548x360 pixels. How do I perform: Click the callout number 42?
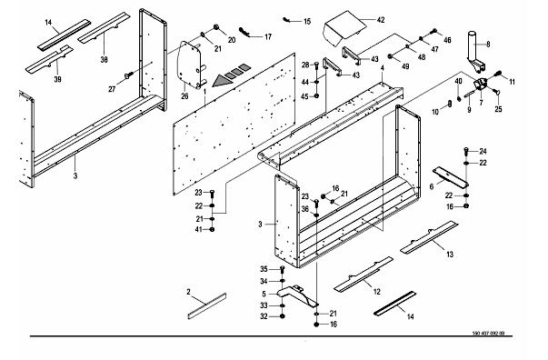381,20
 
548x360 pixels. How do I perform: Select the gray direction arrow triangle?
223,81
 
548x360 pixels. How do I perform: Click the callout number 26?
184,95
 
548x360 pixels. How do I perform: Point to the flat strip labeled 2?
206,306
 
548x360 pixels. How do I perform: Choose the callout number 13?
450,255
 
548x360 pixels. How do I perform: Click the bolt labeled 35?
283,269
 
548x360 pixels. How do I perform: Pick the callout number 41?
198,230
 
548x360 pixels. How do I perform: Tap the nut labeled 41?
212,230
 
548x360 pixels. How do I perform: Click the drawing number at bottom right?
488,333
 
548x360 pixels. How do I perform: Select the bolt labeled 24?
466,151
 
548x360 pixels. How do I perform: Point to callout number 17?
268,36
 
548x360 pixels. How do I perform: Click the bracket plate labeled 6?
451,176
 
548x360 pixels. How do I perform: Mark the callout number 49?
405,66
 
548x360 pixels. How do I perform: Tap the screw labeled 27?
129,75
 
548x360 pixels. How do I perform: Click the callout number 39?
57,79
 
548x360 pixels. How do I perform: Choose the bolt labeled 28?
316,65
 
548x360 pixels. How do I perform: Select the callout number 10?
435,112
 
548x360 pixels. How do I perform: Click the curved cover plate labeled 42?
344,28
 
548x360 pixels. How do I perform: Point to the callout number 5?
264,294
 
